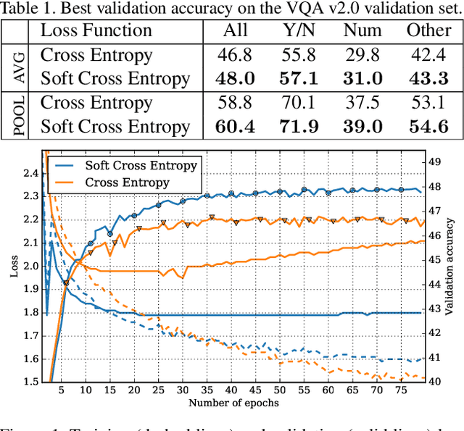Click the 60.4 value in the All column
pos(235,127)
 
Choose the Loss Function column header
pos(96,30)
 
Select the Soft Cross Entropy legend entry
pos(141,165)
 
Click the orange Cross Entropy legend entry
pos(128,183)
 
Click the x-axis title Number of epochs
pos(233,403)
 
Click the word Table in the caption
pos(22,8)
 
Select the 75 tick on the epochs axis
pos(400,391)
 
